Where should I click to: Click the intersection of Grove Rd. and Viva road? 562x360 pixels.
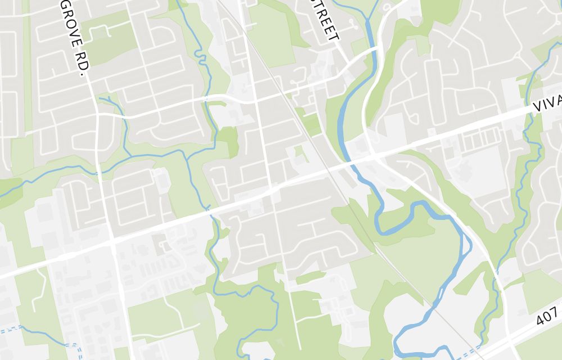click(x=112, y=243)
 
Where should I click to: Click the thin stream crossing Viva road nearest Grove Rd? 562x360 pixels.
click(x=210, y=211)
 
